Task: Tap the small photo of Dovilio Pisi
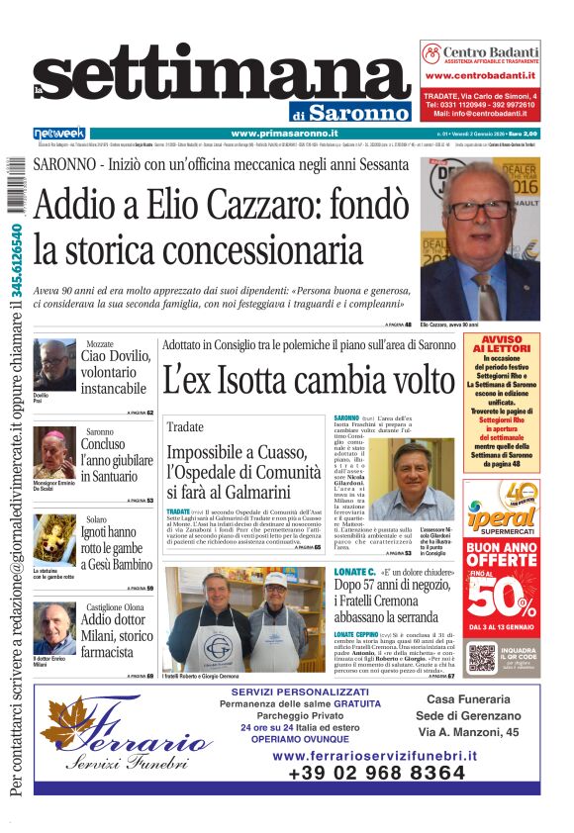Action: pos(52,365)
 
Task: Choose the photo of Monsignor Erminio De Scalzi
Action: pos(52,453)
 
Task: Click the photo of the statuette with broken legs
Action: pos(52,540)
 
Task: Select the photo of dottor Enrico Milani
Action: pos(52,626)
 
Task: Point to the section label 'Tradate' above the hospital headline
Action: pos(185,426)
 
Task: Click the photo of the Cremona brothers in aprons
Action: pos(241,619)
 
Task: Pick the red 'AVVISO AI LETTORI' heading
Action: pos(501,344)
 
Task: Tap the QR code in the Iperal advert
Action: pos(482,658)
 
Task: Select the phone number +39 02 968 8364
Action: pos(375,775)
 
